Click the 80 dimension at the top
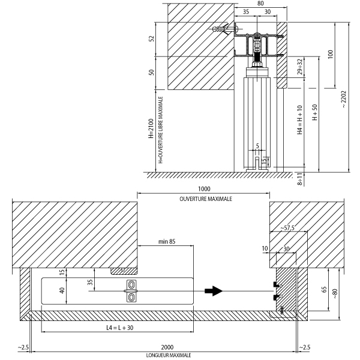coord(260,3)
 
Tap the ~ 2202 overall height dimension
coord(343,100)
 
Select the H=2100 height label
coord(151,128)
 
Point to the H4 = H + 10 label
coord(299,120)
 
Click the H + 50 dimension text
coord(314,112)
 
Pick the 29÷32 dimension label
coord(299,67)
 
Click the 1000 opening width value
coord(204,189)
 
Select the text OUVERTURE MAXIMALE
coord(206,199)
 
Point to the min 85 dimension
coord(167,241)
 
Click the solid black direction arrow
coord(214,291)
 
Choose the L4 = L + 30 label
coord(120,328)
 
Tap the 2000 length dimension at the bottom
coord(167,347)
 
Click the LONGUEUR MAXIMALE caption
coord(169,355)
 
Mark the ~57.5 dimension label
coord(287,228)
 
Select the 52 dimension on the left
coord(152,38)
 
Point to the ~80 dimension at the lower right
coord(335,293)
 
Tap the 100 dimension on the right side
coord(330,55)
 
